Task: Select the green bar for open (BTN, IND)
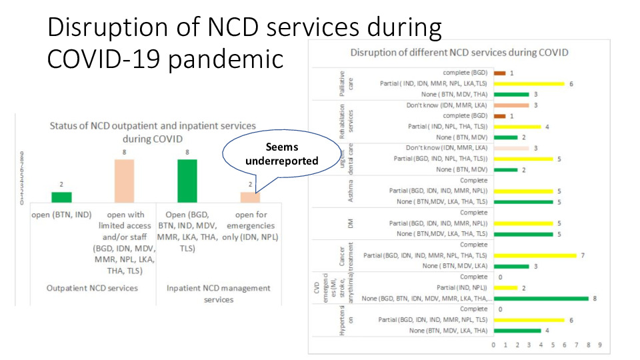click(61, 197)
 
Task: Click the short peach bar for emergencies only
click(250, 197)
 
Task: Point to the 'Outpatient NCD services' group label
click(93, 288)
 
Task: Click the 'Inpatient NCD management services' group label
click(219, 293)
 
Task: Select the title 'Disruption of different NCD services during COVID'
click(459, 53)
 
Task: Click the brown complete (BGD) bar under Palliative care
click(499, 73)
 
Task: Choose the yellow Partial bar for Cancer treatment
click(535, 255)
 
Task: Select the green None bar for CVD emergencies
click(541, 298)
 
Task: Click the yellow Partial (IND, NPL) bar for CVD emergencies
click(505, 287)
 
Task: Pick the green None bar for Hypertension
click(517, 331)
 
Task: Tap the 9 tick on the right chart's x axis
click(600, 345)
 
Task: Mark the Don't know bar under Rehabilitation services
click(511, 105)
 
